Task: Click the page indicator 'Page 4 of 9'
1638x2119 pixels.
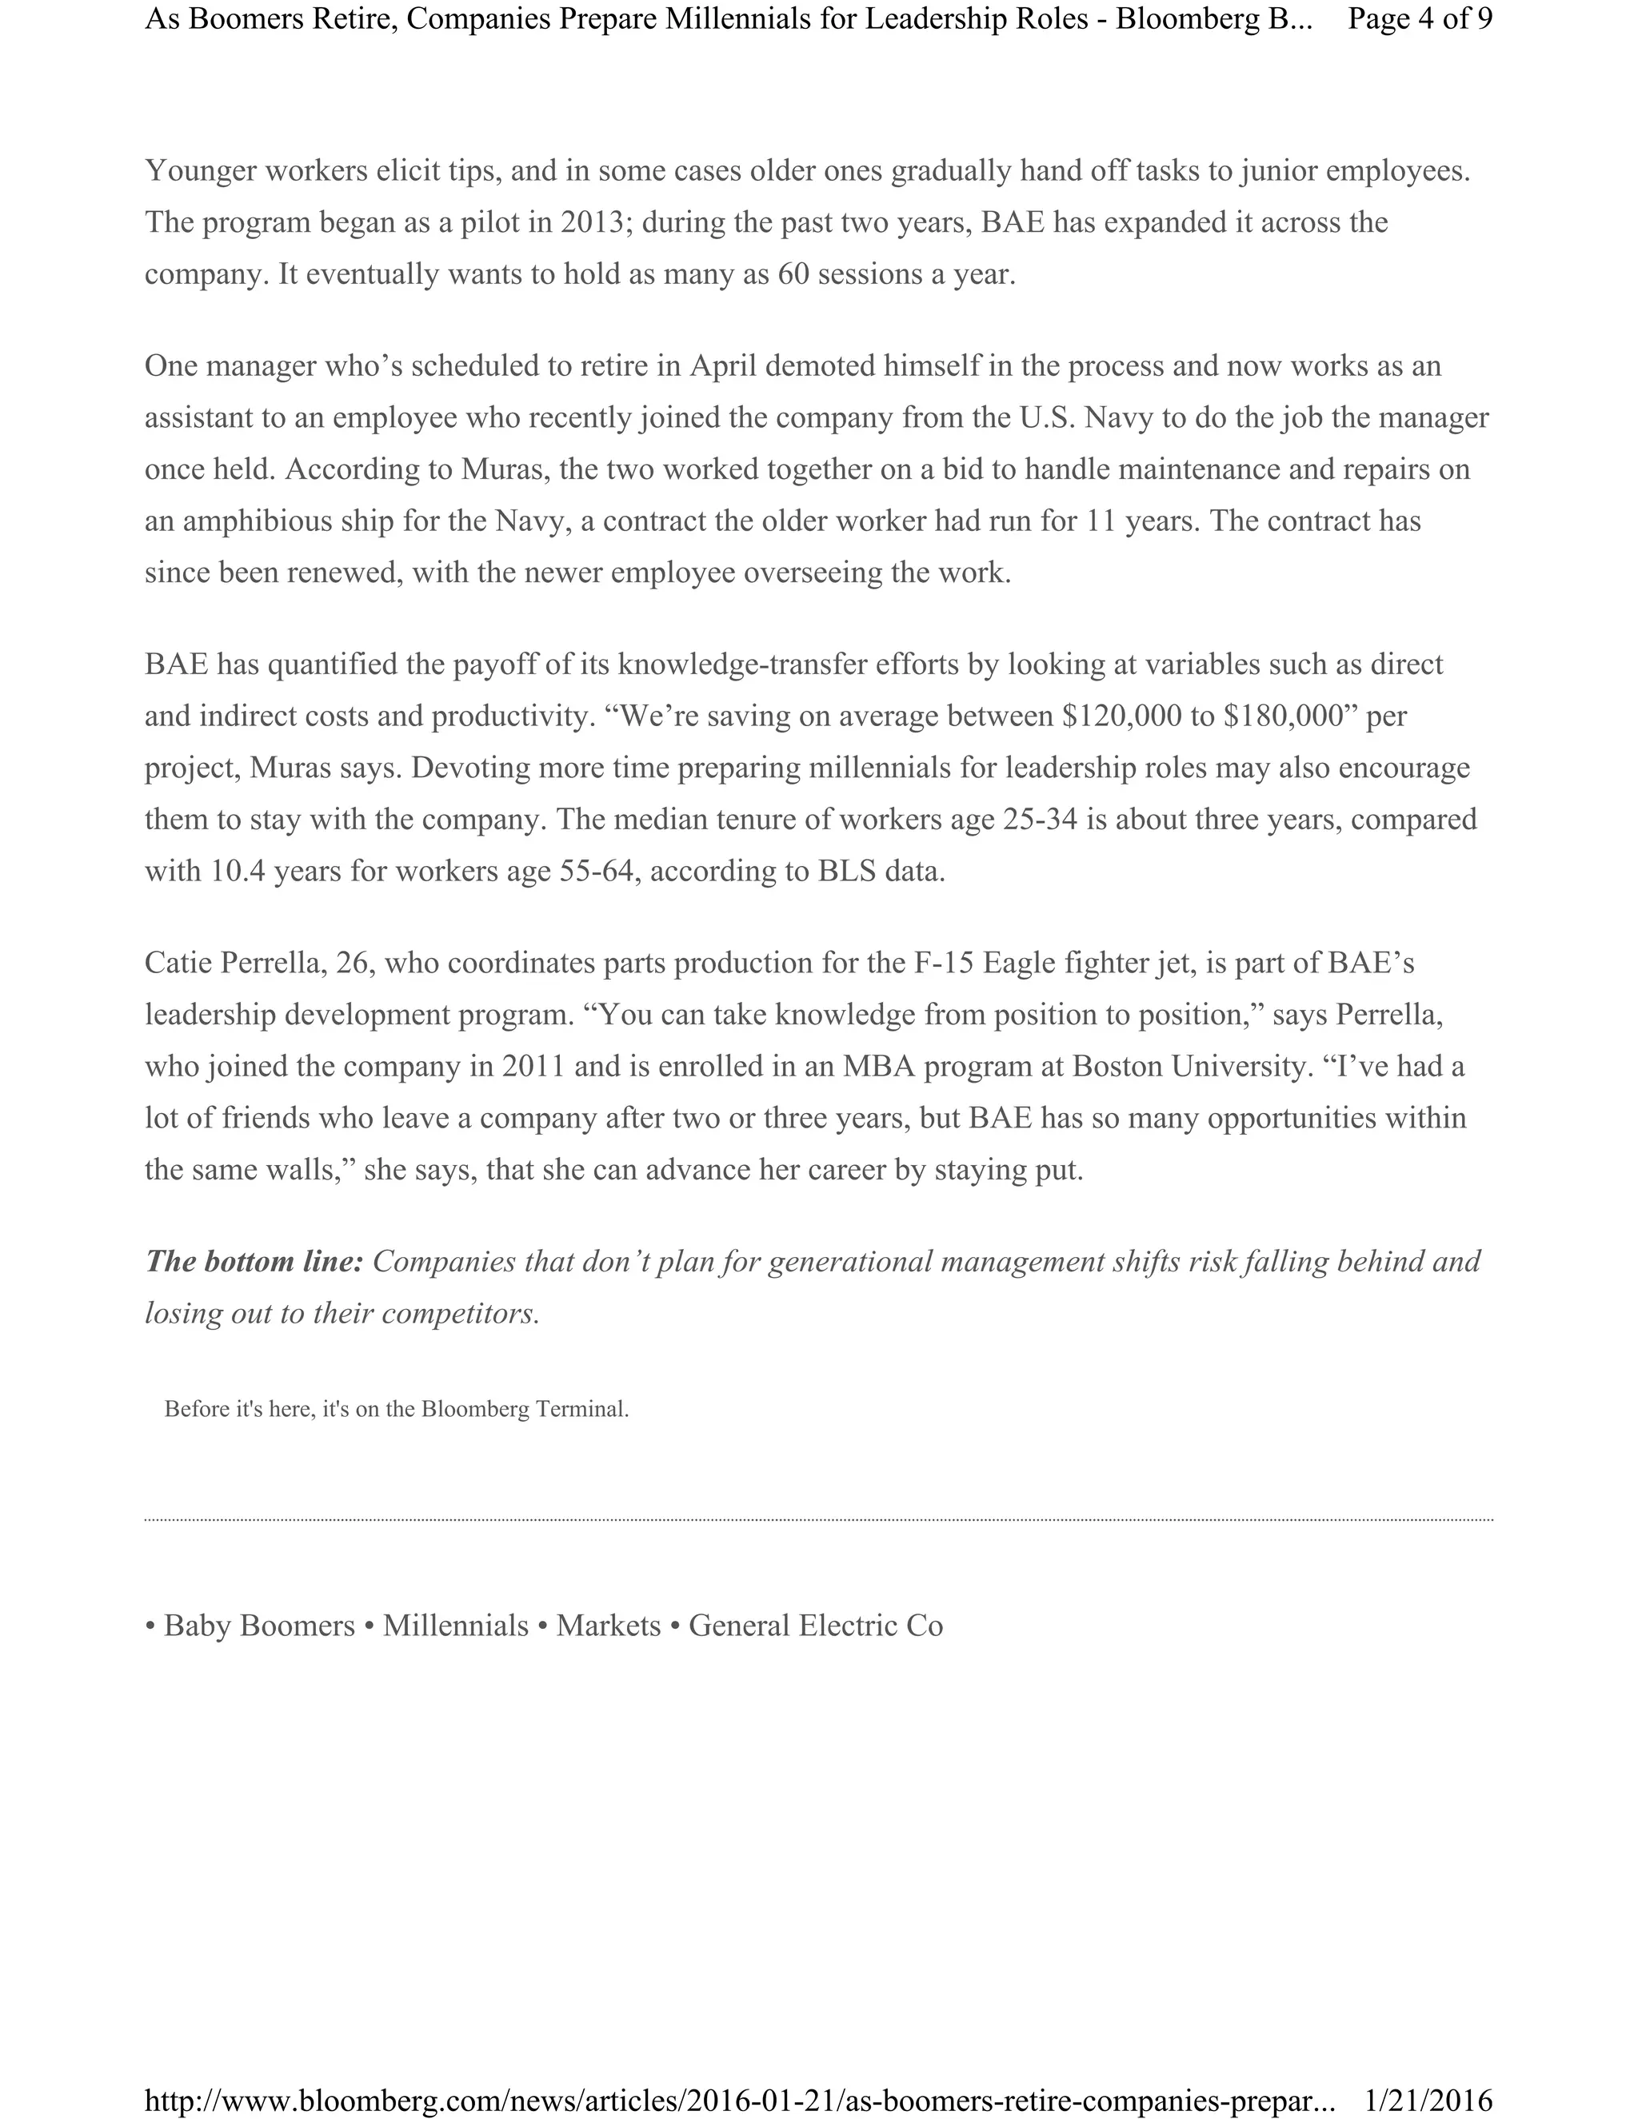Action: [1419, 19]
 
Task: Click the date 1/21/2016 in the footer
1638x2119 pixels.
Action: [1428, 2099]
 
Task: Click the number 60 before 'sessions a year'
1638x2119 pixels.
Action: [793, 274]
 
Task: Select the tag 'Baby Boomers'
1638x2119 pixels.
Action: [259, 1625]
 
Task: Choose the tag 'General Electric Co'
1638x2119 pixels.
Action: [815, 1625]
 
